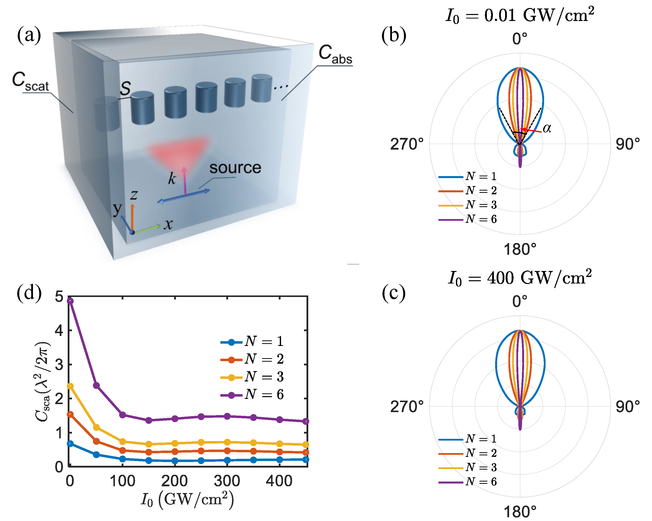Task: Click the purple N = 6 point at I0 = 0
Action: pos(70,301)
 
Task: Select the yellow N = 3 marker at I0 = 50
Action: pos(96,427)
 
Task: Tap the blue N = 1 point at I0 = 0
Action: pos(70,444)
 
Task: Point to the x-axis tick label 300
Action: pos(227,481)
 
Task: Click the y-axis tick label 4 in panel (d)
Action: pos(59,330)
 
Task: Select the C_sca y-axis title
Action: pos(42,382)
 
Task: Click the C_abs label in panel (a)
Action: pos(335,55)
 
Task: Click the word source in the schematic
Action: pos(235,168)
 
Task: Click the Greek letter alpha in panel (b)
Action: pos(547,128)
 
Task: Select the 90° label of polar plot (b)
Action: pos(628,144)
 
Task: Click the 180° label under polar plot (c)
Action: pos(520,512)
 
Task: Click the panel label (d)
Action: pos(29,293)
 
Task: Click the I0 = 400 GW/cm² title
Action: pos(520,277)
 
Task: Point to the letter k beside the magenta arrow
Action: pos(172,178)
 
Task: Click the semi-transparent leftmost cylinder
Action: pos(106,114)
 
